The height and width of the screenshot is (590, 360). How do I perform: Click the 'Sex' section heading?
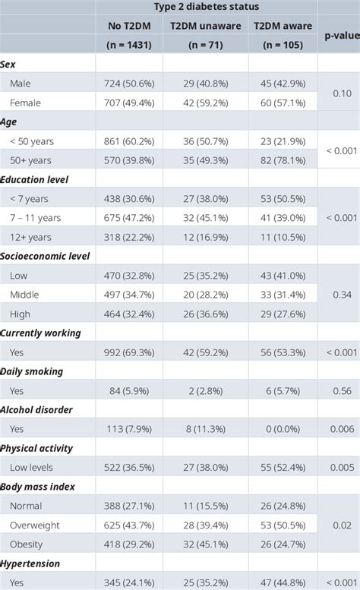click(8, 65)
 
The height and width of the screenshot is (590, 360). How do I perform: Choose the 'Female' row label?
click(26, 103)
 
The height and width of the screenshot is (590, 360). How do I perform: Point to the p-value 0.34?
click(341, 295)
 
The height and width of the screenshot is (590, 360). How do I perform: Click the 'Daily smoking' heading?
click(32, 371)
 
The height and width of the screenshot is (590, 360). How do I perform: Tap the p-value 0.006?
click(341, 429)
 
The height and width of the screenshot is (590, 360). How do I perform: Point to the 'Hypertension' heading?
click(31, 563)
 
